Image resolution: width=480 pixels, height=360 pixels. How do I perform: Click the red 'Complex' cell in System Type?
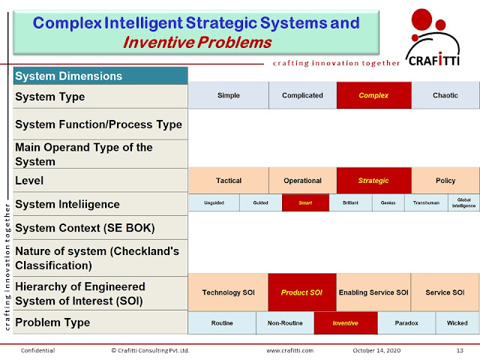(373, 96)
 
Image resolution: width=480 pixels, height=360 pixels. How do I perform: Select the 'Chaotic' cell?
(445, 96)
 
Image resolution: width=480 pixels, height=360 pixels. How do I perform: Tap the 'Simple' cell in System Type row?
(228, 96)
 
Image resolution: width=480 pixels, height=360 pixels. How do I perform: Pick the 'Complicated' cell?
(302, 96)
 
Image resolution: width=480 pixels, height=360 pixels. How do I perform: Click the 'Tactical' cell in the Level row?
(228, 181)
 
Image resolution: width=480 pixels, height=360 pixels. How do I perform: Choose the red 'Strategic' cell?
(373, 181)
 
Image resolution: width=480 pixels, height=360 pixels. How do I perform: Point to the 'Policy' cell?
(445, 181)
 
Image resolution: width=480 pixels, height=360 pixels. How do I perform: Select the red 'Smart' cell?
(305, 202)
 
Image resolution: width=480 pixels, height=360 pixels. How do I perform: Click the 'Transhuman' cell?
(426, 202)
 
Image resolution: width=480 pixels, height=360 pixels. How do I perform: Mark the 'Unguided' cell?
(214, 202)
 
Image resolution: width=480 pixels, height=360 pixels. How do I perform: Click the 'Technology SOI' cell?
(228, 292)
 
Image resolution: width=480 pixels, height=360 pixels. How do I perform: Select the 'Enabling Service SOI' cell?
(373, 292)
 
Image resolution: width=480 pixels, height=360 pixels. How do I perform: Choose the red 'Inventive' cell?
(346, 323)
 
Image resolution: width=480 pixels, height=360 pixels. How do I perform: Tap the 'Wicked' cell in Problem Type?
(457, 323)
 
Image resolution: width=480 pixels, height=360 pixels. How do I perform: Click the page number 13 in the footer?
(460, 350)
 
